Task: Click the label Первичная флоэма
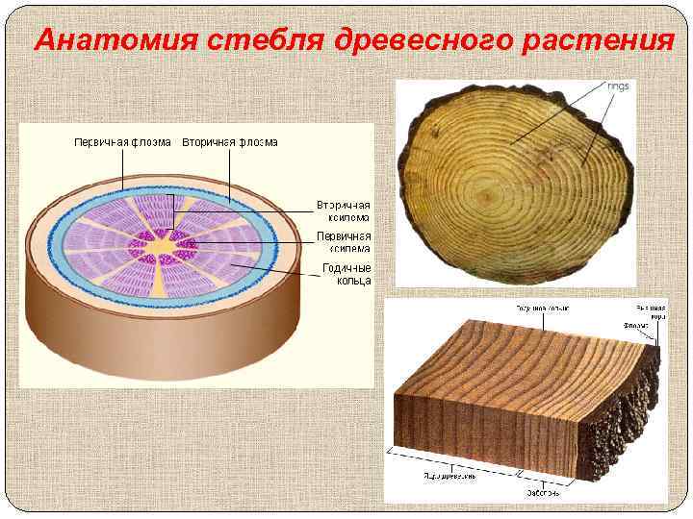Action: (122, 143)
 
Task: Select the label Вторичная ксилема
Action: (344, 211)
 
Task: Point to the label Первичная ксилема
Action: (344, 241)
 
